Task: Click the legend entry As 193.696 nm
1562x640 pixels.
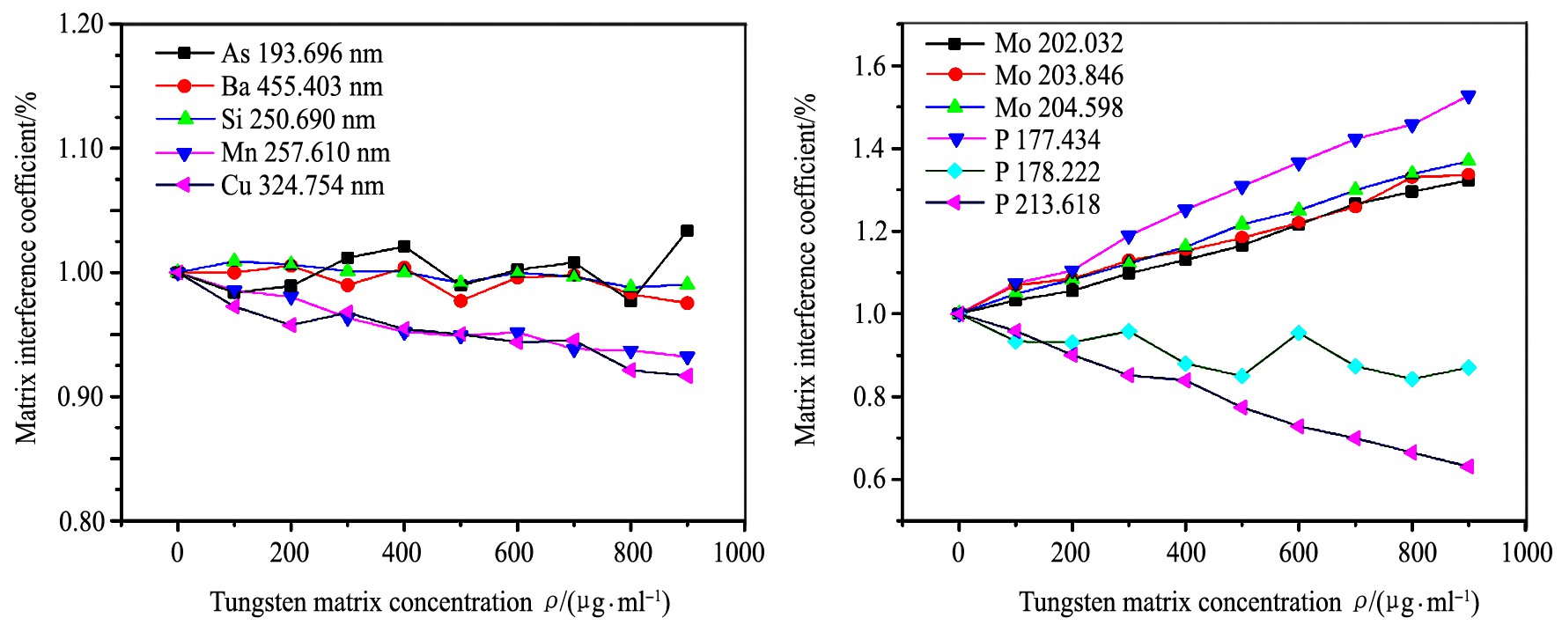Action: click(301, 54)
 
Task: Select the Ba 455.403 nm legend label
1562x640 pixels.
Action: click(301, 86)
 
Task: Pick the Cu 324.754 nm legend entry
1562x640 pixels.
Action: click(302, 186)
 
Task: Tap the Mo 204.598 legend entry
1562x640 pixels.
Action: click(1058, 107)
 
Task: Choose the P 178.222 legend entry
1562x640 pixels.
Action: click(1047, 172)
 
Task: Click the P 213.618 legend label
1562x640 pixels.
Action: click(1047, 204)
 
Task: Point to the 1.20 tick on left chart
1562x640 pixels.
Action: click(81, 24)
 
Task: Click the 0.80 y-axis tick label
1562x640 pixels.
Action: click(81, 521)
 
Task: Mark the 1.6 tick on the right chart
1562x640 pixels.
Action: click(874, 66)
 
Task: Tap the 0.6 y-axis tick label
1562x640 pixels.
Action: click(874, 480)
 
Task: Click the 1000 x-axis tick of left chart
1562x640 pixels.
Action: click(739, 553)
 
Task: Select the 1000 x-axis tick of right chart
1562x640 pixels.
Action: click(1526, 553)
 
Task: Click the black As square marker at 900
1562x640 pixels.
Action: click(687, 231)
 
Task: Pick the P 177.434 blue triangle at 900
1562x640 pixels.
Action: click(1468, 97)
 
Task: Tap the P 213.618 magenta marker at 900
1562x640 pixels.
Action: click(1468, 467)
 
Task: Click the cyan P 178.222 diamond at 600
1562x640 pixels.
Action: click(1298, 333)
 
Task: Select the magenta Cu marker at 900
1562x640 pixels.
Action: click(687, 376)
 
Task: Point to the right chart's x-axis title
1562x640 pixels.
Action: click(1249, 602)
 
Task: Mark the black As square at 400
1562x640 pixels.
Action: click(404, 246)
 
